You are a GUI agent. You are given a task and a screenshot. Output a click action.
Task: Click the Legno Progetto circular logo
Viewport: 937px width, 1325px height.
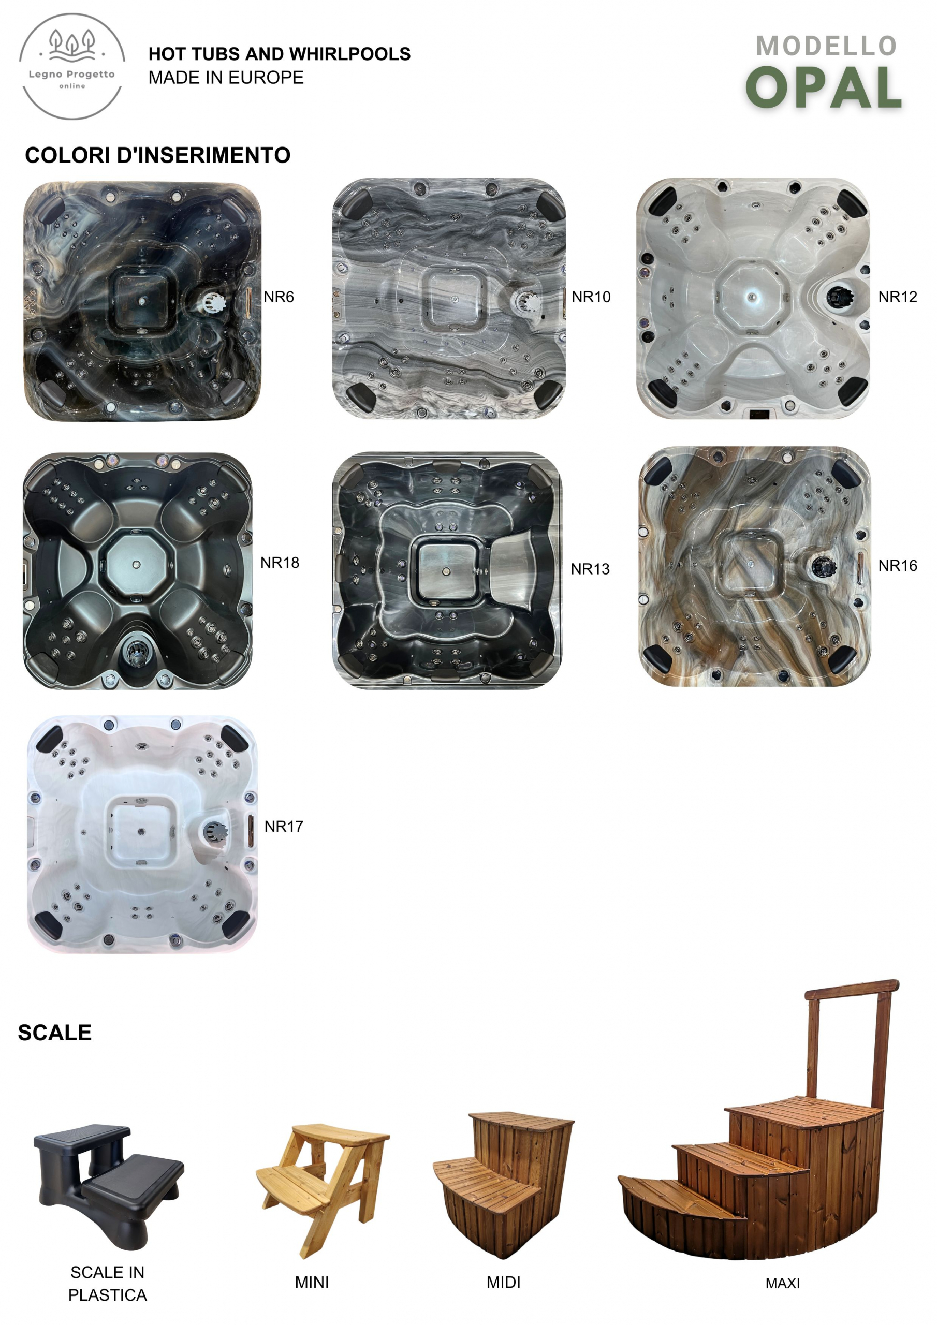click(x=72, y=66)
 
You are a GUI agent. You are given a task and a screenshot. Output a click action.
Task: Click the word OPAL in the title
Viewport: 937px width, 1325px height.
click(x=824, y=87)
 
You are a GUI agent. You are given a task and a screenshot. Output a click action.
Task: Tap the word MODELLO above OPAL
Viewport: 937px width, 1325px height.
click(x=826, y=46)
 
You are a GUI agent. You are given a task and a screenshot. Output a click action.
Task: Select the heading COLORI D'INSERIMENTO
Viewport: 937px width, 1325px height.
click(x=157, y=155)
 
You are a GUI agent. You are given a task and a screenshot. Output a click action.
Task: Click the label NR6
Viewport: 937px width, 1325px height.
click(x=279, y=297)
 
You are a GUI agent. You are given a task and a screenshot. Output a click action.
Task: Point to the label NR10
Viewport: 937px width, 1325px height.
click(x=591, y=297)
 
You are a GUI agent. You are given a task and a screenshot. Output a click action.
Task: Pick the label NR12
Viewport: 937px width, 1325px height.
click(x=898, y=297)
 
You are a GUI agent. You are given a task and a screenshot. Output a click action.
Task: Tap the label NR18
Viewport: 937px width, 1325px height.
click(x=280, y=563)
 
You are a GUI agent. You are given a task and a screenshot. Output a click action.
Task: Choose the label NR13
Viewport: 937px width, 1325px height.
click(x=590, y=569)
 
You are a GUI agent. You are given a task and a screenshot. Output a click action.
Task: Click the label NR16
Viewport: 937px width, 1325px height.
click(x=898, y=566)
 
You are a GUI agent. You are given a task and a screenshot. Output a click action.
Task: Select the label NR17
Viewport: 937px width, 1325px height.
click(x=284, y=827)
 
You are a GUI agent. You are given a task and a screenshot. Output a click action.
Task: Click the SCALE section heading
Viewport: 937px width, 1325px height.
click(x=55, y=1033)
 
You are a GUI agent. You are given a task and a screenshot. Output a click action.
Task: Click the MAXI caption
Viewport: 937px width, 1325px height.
click(x=783, y=1284)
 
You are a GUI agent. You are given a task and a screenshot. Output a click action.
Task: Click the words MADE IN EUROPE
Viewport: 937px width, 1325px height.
click(x=226, y=77)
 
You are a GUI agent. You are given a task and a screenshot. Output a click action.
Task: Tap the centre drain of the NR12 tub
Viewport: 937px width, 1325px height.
click(x=751, y=297)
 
